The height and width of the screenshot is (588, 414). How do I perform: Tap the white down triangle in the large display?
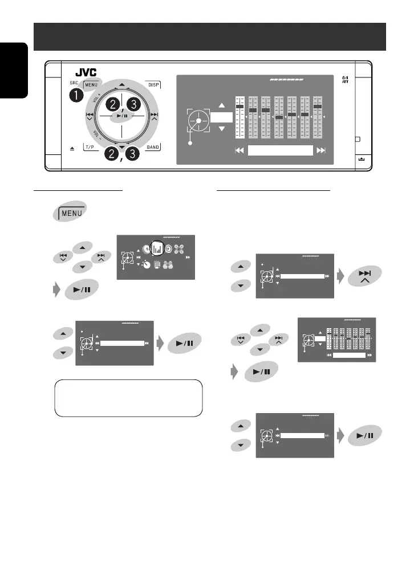click(222, 129)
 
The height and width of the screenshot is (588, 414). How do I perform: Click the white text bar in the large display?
click(281, 150)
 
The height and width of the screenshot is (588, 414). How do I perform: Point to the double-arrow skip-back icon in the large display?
click(240, 150)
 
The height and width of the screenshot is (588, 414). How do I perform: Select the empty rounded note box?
click(128, 398)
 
